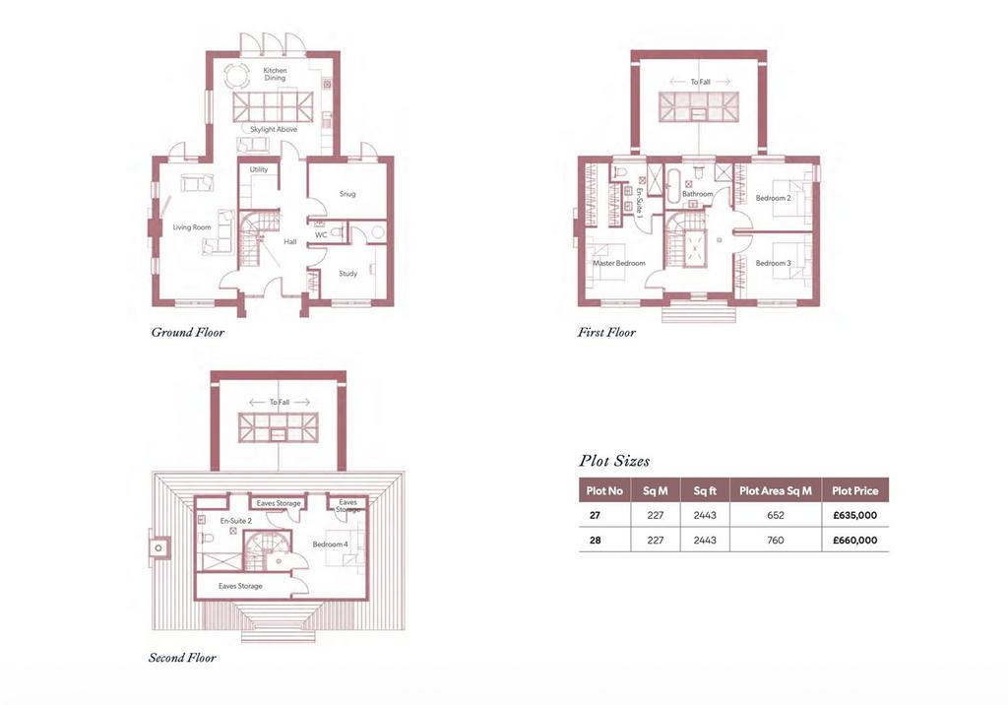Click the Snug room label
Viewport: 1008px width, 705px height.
pyautogui.click(x=347, y=194)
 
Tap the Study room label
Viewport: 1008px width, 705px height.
pyautogui.click(x=347, y=274)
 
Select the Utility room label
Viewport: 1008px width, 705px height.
pyautogui.click(x=259, y=169)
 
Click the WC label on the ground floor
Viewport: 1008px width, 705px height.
pyautogui.click(x=321, y=234)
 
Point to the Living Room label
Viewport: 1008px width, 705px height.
pyautogui.click(x=192, y=227)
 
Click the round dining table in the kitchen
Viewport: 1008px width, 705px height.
pyautogui.click(x=236, y=77)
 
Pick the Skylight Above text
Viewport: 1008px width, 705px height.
pyautogui.click(x=274, y=129)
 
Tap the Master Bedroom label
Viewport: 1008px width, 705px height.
pyautogui.click(x=619, y=263)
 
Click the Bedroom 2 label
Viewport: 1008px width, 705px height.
pyautogui.click(x=774, y=198)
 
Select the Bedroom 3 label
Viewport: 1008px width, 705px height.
pyautogui.click(x=774, y=263)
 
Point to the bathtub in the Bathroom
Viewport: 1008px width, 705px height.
pyautogui.click(x=671, y=186)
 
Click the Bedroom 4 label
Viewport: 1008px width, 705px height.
pyautogui.click(x=331, y=545)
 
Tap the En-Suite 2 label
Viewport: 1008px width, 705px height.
pyautogui.click(x=236, y=521)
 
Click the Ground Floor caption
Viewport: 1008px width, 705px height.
pyautogui.click(x=188, y=333)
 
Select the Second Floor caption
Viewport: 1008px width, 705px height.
pyautogui.click(x=182, y=658)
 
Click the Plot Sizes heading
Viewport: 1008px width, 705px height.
pyautogui.click(x=614, y=461)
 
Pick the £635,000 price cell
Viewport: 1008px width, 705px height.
pyautogui.click(x=855, y=515)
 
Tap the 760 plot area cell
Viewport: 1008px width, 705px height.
pyautogui.click(x=776, y=541)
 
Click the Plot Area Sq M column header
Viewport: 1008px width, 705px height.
pyautogui.click(x=776, y=490)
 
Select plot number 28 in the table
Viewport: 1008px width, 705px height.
pyautogui.click(x=596, y=541)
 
